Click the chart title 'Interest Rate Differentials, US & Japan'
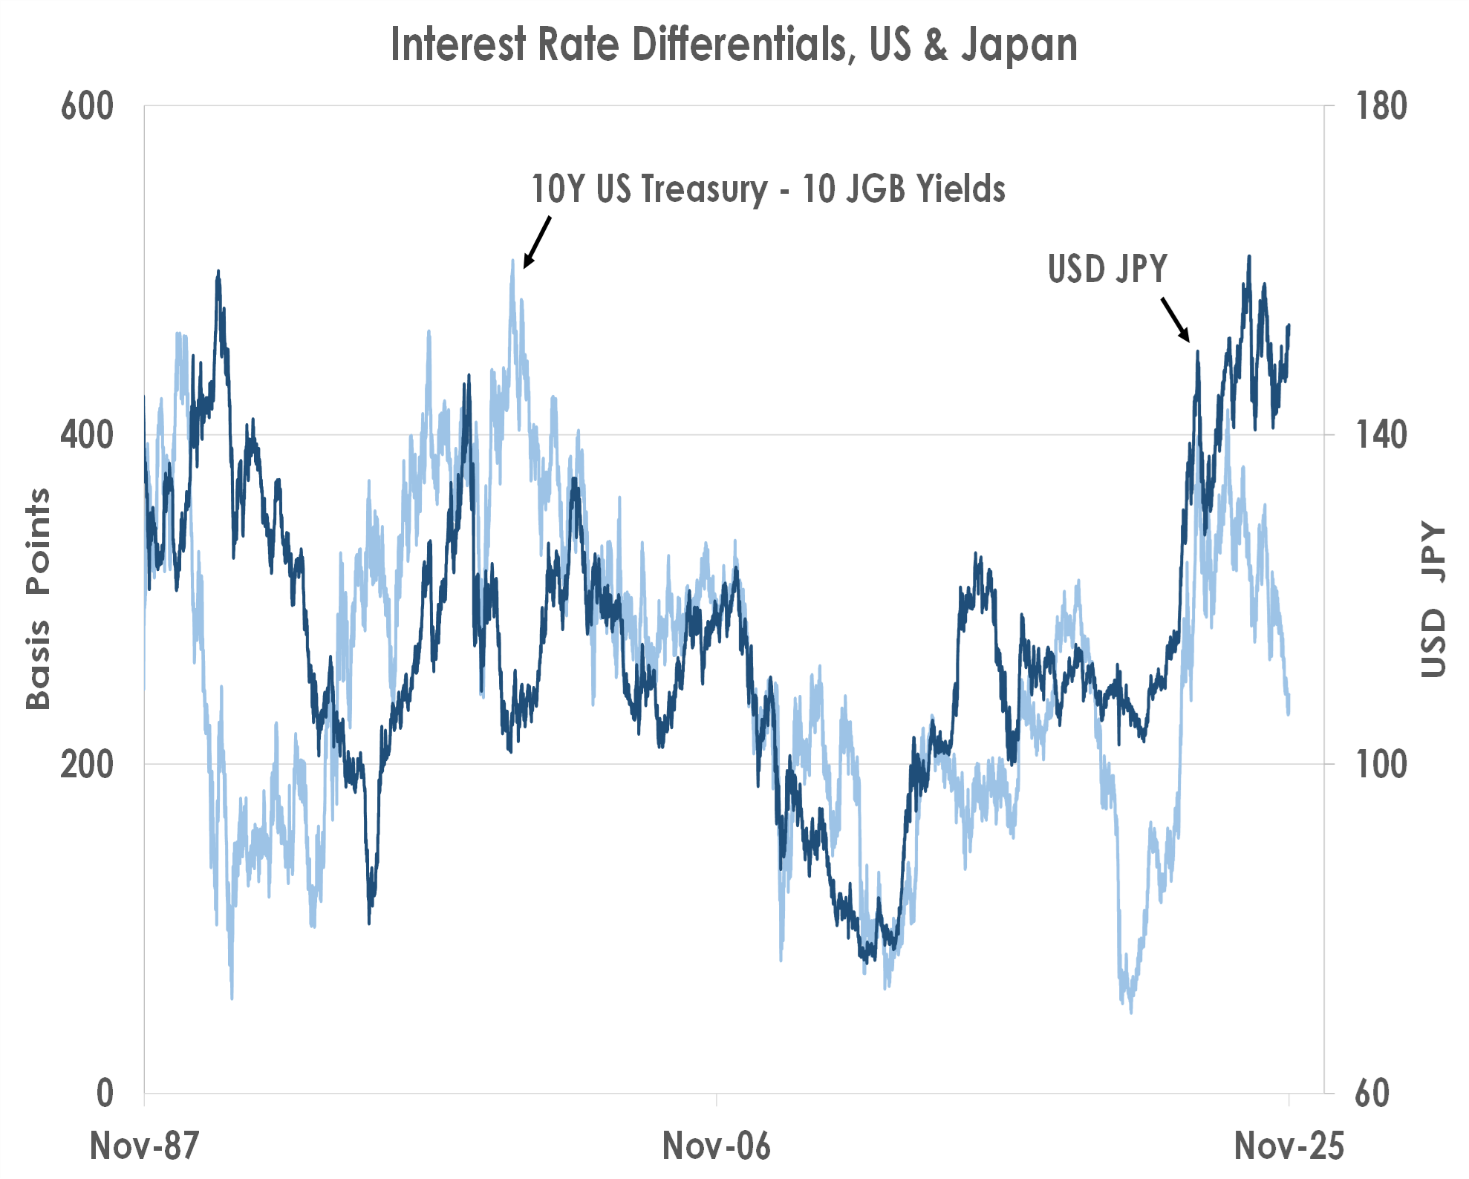pyautogui.click(x=734, y=45)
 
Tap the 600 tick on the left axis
pyautogui.click(x=87, y=106)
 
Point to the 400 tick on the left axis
pyautogui.click(x=87, y=434)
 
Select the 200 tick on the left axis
pyautogui.click(x=87, y=764)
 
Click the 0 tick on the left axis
pyautogui.click(x=105, y=1093)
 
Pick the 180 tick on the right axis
pyautogui.click(x=1381, y=106)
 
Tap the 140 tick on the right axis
pyautogui.click(x=1381, y=434)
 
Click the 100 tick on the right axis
pyautogui.click(x=1381, y=764)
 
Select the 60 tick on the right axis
pyautogui.click(x=1372, y=1093)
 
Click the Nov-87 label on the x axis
pyautogui.click(x=144, y=1146)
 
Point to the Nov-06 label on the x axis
pyautogui.click(x=716, y=1146)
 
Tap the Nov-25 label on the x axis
pyautogui.click(x=1289, y=1146)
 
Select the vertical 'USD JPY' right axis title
pyautogui.click(x=1434, y=600)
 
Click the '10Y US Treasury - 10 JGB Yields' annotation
pyautogui.click(x=768, y=189)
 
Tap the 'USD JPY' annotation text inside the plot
pyautogui.click(x=1107, y=269)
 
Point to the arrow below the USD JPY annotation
pyautogui.click(x=1176, y=319)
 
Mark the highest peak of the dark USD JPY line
pyautogui.click(x=1249, y=257)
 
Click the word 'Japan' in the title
pyautogui.click(x=1019, y=45)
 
